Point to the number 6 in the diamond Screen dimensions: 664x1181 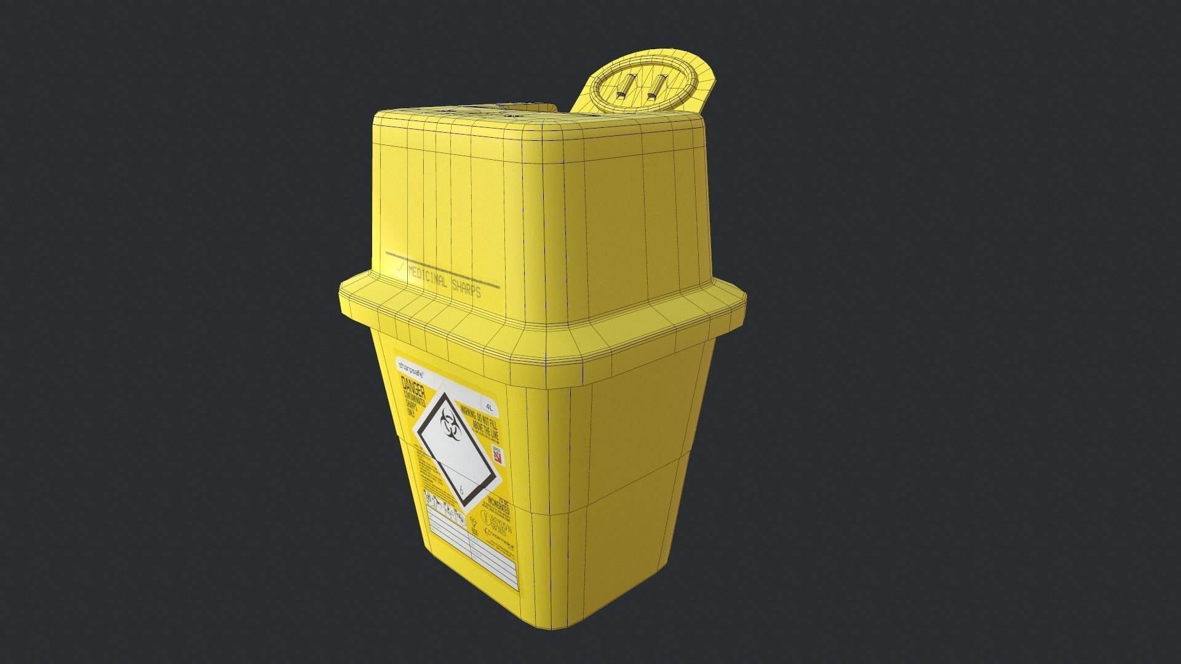click(461, 491)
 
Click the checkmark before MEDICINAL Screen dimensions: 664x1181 click(400, 268)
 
